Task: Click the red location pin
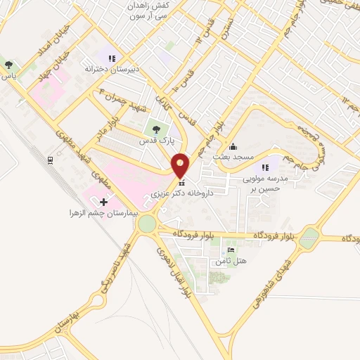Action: pyautogui.click(x=181, y=165)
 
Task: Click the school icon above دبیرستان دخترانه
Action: pyautogui.click(x=111, y=58)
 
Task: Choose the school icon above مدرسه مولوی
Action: pyautogui.click(x=265, y=167)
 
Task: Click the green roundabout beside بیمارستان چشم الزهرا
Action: pyautogui.click(x=147, y=224)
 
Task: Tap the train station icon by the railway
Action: pyautogui.click(x=51, y=160)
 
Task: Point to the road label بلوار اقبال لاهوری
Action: pyautogui.click(x=177, y=271)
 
